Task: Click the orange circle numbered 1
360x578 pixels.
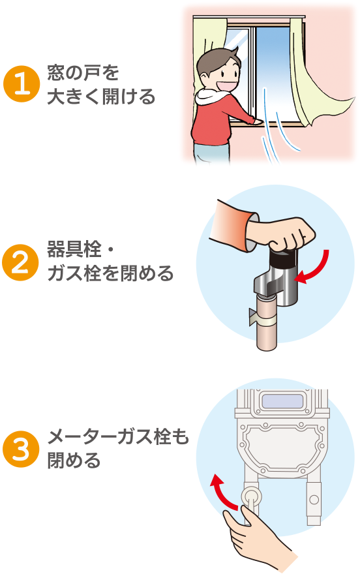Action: coord(22,84)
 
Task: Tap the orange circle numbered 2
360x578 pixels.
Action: coord(20,262)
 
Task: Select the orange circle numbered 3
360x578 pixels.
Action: coord(21,449)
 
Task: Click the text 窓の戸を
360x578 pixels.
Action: coord(83,72)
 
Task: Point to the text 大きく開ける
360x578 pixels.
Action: coord(101,97)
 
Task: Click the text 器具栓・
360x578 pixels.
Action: coord(81,249)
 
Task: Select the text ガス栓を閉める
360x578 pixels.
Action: coord(110,273)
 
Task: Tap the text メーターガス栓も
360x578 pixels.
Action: coord(118,437)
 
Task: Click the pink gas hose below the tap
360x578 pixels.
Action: coord(267,324)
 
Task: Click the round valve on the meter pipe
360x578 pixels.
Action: coord(251,496)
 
